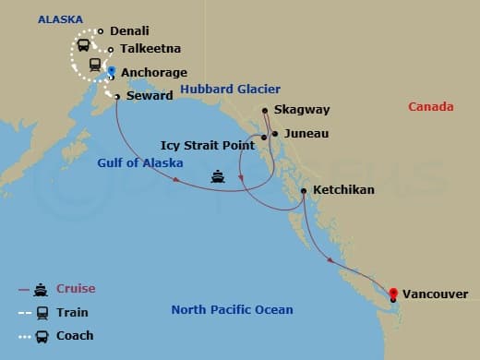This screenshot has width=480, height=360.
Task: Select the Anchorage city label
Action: (x=154, y=73)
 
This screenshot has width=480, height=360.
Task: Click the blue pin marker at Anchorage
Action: (x=111, y=70)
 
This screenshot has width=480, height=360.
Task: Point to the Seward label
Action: (x=149, y=96)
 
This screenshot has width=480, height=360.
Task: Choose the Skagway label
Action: (x=302, y=110)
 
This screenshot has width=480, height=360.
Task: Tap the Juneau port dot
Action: (x=275, y=133)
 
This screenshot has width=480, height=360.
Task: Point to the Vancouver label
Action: (x=436, y=295)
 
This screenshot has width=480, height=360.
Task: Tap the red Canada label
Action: (x=431, y=107)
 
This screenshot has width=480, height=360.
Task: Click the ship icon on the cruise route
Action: (x=218, y=176)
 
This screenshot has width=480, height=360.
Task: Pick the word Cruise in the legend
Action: (x=76, y=289)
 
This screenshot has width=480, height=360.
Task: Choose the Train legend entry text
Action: (x=73, y=313)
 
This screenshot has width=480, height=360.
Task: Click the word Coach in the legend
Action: (x=75, y=336)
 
